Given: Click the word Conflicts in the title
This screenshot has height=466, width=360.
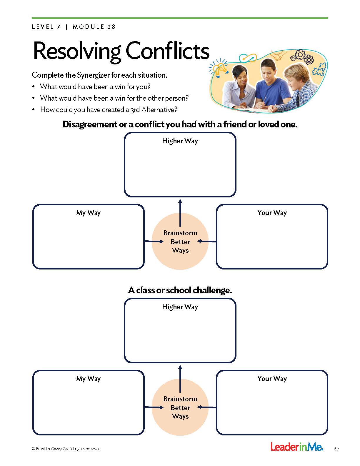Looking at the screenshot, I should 167,51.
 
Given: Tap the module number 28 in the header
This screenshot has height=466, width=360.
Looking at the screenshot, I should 111,27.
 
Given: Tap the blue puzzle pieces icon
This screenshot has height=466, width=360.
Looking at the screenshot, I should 319,70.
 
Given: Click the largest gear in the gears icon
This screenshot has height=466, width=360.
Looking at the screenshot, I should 300,54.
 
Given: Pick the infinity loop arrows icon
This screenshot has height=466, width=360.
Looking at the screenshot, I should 248,58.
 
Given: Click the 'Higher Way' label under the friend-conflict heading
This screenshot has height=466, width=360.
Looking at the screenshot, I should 180,141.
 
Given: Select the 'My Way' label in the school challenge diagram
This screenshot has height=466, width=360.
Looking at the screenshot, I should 88,379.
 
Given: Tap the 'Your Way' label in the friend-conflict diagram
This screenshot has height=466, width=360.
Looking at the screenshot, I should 272,213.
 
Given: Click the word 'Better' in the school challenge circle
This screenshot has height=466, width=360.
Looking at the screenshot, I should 180,408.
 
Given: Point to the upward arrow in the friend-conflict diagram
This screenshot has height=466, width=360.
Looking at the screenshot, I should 180,212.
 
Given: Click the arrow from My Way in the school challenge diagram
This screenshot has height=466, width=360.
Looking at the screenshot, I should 154,407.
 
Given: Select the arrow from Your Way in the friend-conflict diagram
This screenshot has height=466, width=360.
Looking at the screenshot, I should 206,242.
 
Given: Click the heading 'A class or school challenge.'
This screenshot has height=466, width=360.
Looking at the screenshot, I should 180,290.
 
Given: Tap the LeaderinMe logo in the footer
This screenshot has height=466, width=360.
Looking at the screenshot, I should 296,447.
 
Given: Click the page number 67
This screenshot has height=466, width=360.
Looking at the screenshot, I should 336,449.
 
